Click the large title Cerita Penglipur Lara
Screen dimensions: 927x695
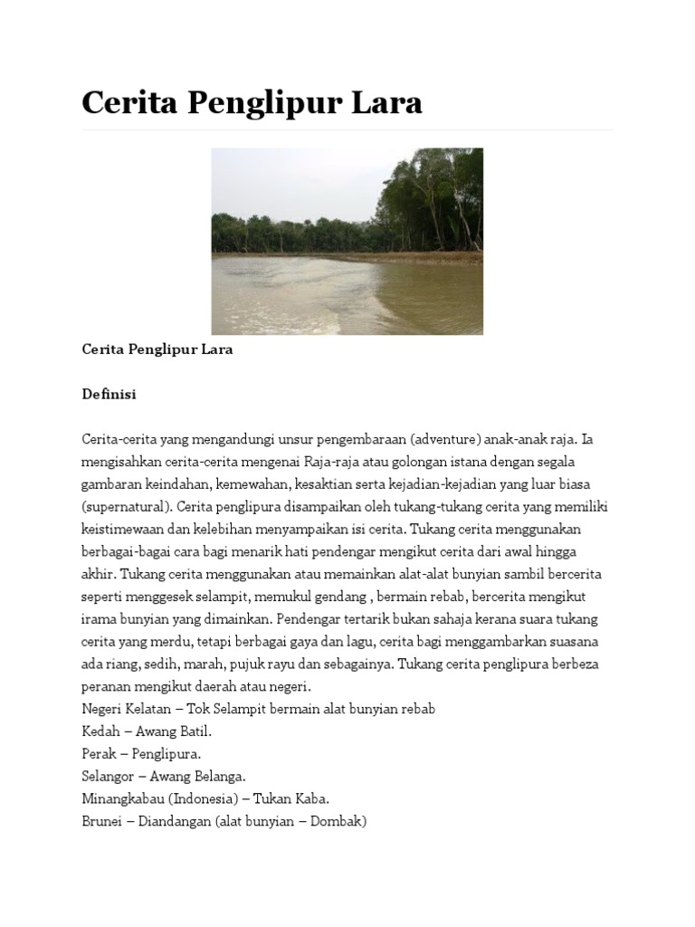click(x=252, y=103)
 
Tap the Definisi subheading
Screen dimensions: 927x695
click(x=109, y=395)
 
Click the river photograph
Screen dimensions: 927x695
click(x=347, y=241)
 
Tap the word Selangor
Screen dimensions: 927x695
click(x=109, y=776)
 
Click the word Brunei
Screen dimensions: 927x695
click(x=101, y=821)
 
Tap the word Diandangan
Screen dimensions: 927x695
click(x=174, y=821)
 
